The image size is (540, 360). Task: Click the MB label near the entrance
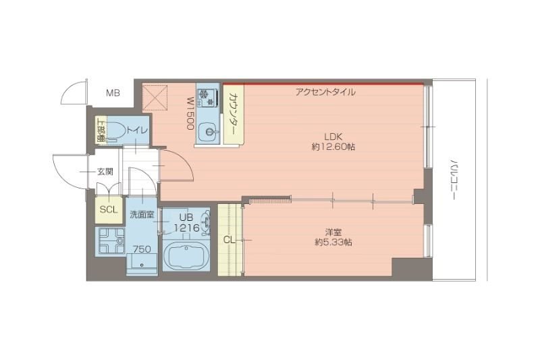113,93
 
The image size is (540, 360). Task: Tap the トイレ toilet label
138,130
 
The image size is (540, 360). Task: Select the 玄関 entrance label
105,172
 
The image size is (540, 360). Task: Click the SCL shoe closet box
109,209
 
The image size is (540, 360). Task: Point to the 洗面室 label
142,215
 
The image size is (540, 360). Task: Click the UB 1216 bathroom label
186,224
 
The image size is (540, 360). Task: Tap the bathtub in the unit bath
186,257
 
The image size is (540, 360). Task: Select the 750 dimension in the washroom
142,249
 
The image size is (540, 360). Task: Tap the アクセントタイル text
325,92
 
